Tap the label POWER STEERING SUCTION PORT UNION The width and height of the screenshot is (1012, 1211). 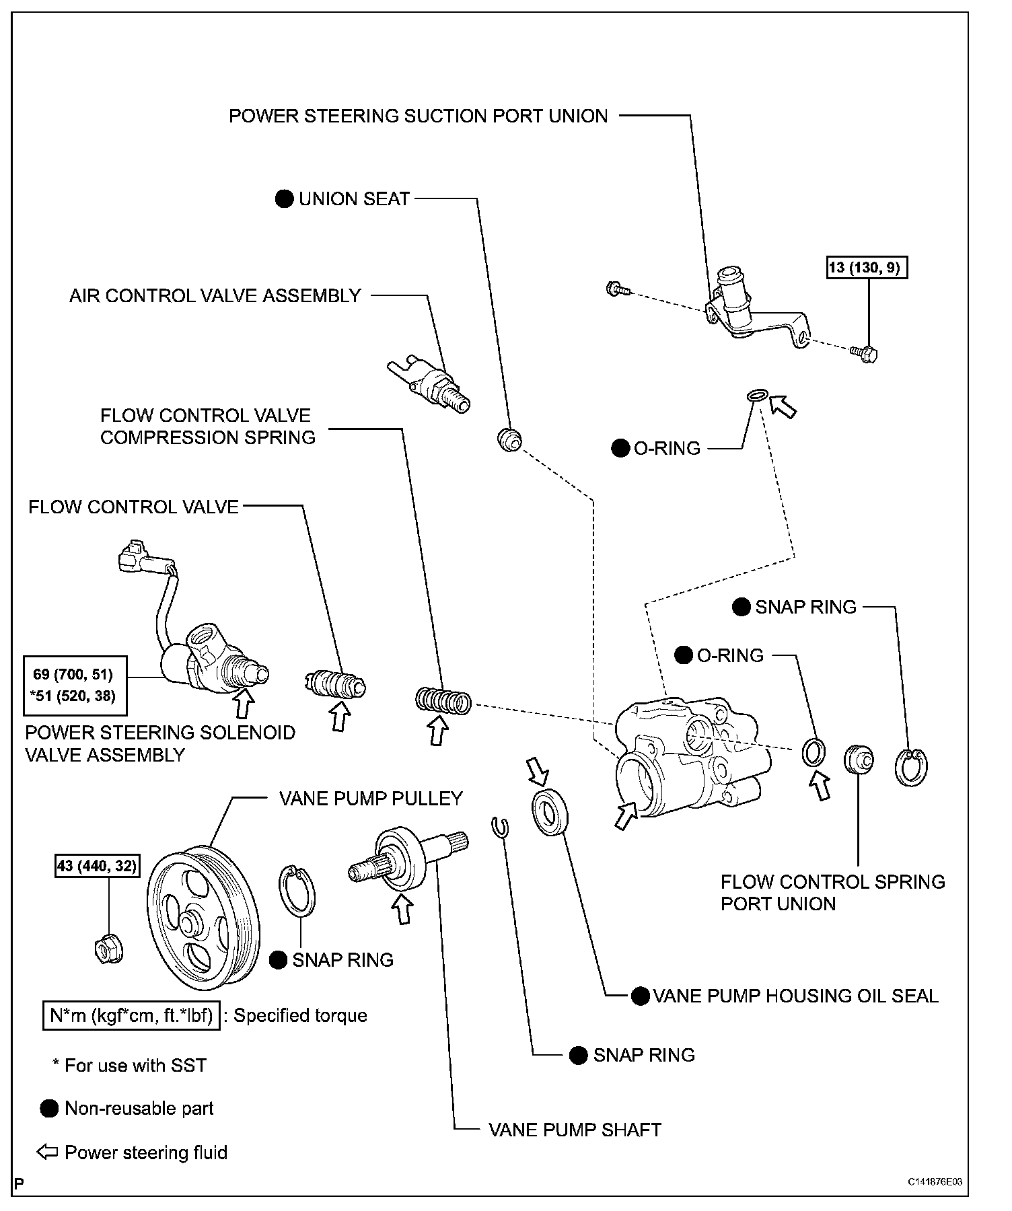[418, 116]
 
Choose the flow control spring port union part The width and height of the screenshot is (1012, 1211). [859, 760]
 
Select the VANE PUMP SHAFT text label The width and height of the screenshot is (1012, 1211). [575, 1129]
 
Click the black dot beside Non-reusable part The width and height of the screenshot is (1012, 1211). [49, 1109]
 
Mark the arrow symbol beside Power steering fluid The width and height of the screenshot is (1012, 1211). [47, 1152]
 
